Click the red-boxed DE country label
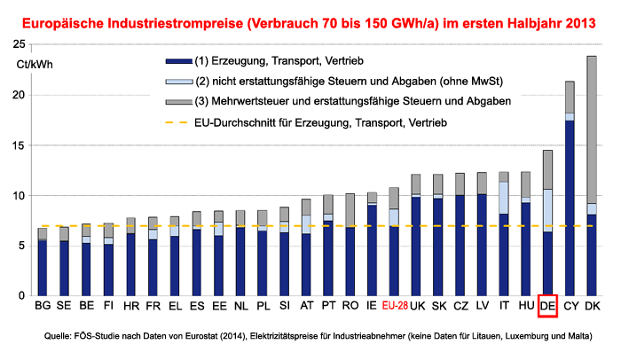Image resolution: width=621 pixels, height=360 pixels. point(547,307)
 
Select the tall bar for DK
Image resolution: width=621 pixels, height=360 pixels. point(592,177)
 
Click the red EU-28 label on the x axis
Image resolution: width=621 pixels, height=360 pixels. point(394,307)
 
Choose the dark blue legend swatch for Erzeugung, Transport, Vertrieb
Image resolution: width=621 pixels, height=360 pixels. point(177,61)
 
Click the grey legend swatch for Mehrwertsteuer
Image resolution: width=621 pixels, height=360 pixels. point(177,102)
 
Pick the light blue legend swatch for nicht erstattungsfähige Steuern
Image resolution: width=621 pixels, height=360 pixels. point(177,82)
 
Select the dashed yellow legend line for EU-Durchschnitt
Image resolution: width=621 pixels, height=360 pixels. point(177,121)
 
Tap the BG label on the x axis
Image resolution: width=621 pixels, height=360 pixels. point(43,307)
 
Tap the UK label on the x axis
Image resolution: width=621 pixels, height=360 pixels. point(416,307)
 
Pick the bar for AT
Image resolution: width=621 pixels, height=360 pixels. point(306,247)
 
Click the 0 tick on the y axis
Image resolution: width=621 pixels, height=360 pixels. point(23,295)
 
